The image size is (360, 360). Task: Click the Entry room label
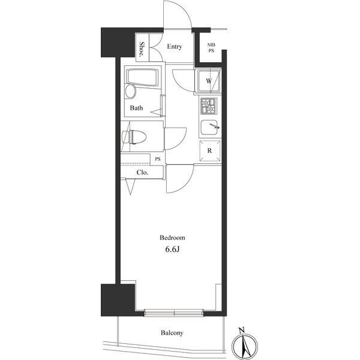[x=174, y=47]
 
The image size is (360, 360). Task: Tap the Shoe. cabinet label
[x=142, y=49]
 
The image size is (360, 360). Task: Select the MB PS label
[x=211, y=48]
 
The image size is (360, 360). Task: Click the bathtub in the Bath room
[x=142, y=77]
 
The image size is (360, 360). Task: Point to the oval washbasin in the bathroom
[x=131, y=91]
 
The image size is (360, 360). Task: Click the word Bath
[x=136, y=108]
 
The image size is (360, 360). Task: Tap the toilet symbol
[x=134, y=137]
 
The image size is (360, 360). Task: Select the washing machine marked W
[x=208, y=81]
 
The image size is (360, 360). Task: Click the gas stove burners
[x=208, y=106]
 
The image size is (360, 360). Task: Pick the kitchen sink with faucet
[x=209, y=128]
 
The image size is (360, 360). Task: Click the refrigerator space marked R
[x=209, y=151]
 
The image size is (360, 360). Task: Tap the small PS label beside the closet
[x=158, y=159]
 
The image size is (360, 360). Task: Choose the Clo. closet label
[x=142, y=172]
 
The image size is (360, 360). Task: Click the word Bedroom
[x=172, y=238]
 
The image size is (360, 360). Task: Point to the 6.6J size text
[x=172, y=250]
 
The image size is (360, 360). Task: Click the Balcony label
[x=172, y=332]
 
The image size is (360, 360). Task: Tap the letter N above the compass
[x=241, y=331]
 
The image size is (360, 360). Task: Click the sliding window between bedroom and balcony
[x=174, y=313]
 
